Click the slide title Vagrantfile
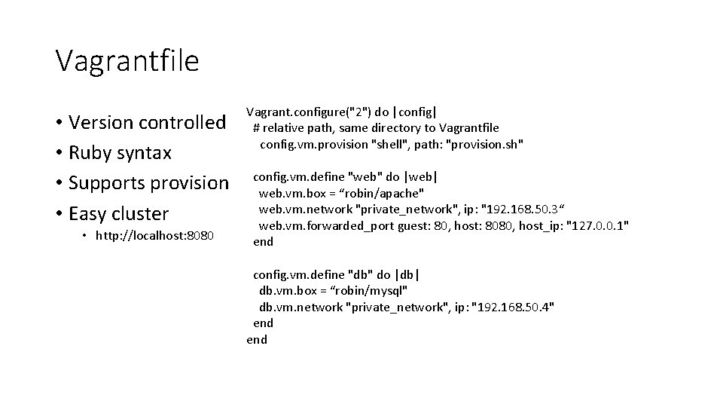click(127, 60)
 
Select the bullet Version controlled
click(147, 122)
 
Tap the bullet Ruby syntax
click(120, 152)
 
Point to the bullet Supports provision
click(148, 182)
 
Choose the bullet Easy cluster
click(118, 213)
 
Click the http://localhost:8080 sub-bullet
click(154, 237)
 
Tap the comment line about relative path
click(376, 128)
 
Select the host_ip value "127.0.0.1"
click(596, 226)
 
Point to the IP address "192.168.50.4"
click(512, 307)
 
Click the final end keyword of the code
click(257, 339)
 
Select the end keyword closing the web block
click(263, 242)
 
